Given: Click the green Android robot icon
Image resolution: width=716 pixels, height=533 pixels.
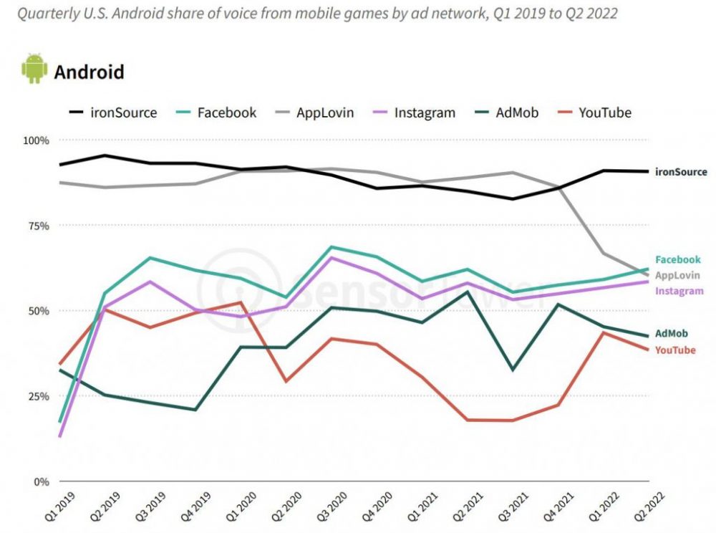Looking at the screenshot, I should [x=34, y=69].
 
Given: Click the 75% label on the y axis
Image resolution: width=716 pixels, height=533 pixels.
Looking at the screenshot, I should [x=37, y=226].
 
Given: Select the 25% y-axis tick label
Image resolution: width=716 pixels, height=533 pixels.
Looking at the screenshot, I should [x=37, y=396].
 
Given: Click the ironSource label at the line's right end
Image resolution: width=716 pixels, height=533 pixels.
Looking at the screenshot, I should [x=681, y=172].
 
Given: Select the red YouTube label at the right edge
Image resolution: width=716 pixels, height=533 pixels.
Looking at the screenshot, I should [x=675, y=350].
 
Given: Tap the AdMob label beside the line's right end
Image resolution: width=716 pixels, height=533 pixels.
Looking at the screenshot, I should [x=672, y=334].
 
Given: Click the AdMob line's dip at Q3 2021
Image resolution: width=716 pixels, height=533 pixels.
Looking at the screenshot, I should [x=512, y=370].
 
